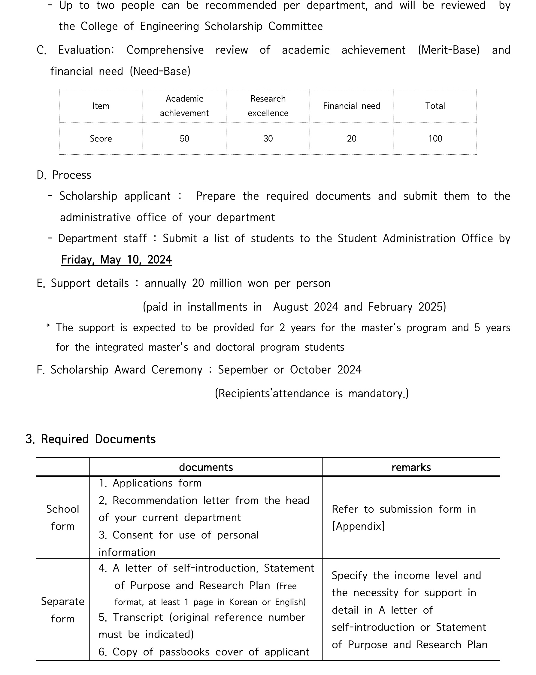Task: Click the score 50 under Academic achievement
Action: pos(184,138)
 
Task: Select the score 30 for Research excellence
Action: pos(268,138)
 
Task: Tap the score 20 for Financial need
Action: pos(351,138)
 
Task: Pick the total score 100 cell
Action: pos(435,138)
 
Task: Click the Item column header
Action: pos(101,106)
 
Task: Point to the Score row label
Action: pos(101,138)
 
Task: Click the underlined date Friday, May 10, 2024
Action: pos(116,260)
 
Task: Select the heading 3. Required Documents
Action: pos(91,439)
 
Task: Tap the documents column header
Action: pos(206,467)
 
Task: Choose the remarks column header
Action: pos(411,467)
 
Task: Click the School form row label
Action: pos(62,518)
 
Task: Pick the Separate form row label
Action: pos(62,609)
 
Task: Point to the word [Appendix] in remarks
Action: pos(358,526)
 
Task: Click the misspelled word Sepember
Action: pos(243,370)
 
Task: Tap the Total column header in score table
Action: pos(435,106)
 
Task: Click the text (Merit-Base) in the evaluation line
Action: pos(449,50)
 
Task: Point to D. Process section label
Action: pos(64,175)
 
